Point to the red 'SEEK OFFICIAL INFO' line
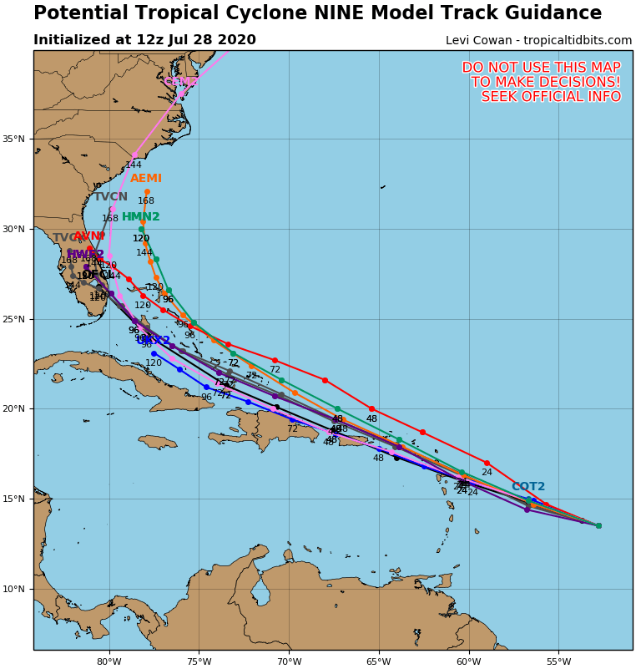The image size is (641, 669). click(551, 97)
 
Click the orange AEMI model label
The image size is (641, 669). click(146, 179)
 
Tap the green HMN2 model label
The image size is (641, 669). click(140, 217)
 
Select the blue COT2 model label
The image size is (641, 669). click(527, 487)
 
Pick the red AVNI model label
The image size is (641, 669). click(89, 237)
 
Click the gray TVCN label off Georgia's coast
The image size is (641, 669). click(110, 197)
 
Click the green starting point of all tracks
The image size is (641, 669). click(598, 525)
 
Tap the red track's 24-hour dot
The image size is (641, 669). click(487, 463)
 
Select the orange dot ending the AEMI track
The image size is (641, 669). click(147, 192)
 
